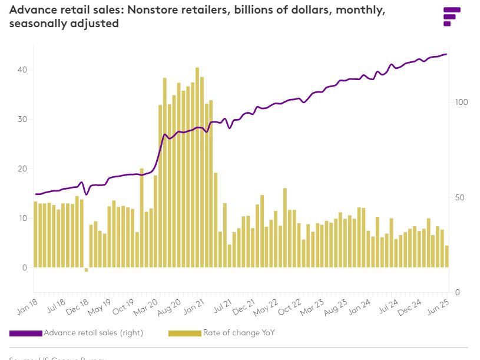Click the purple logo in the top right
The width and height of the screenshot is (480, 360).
[451, 16]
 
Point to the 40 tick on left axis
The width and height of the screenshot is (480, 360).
[22, 70]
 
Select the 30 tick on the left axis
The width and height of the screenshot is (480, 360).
[22, 119]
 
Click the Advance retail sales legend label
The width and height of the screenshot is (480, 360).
[93, 333]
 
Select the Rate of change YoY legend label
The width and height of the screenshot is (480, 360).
[239, 333]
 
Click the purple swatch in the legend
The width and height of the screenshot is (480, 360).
[26, 333]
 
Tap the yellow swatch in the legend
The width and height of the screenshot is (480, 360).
[185, 333]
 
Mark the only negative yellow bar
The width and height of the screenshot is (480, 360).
[86, 270]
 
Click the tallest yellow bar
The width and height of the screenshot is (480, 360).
[197, 168]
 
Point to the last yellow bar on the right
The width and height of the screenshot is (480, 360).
[447, 256]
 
